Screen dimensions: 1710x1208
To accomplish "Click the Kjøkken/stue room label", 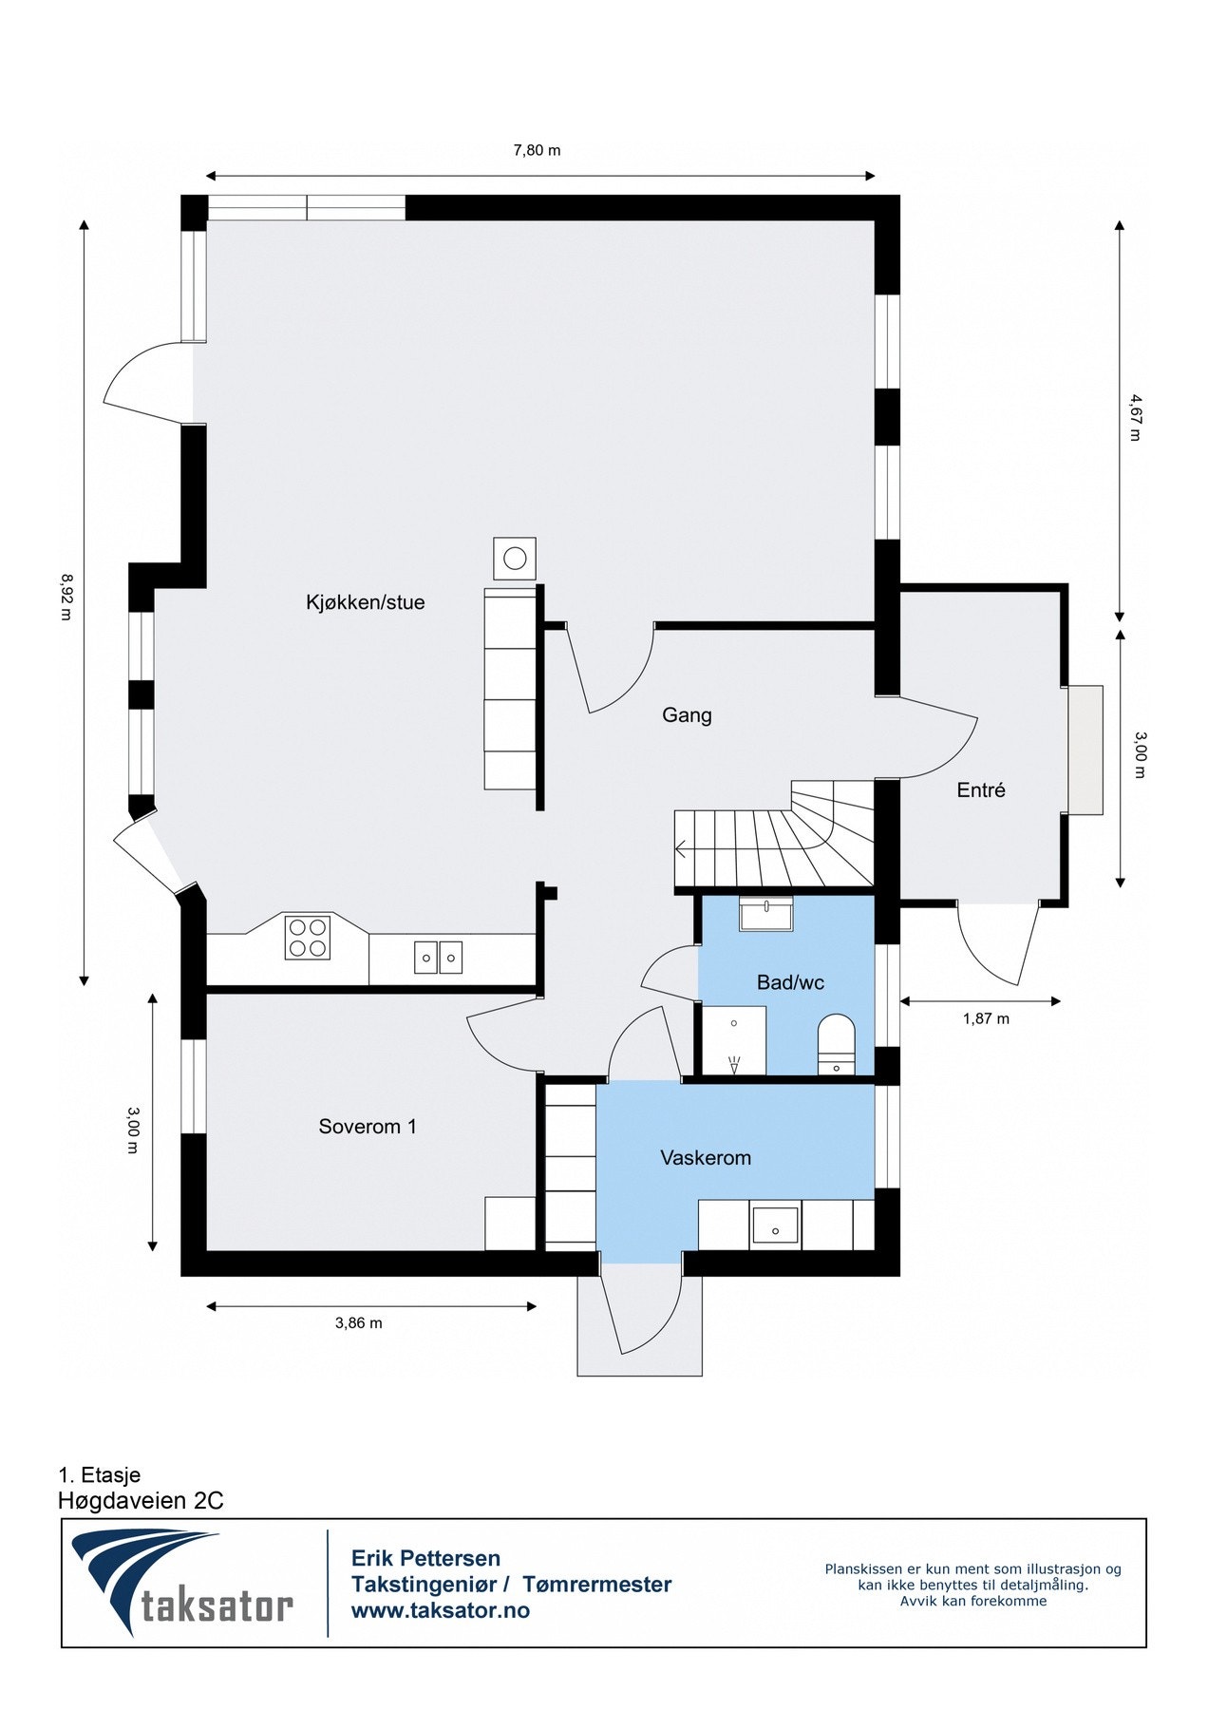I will click(365, 602).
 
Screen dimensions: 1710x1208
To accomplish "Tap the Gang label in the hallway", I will click(687, 715).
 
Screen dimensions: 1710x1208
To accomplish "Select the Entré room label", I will click(981, 790).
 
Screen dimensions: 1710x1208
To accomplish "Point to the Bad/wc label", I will click(790, 983).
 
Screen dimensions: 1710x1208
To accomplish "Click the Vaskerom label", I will click(706, 1158).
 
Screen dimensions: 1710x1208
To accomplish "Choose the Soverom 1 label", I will click(368, 1127).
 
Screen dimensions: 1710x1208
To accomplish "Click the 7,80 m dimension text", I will click(537, 150).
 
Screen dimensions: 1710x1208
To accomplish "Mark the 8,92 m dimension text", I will click(66, 596).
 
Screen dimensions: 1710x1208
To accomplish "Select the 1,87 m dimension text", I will click(986, 1019).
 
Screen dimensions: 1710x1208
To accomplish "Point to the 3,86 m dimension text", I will click(359, 1323).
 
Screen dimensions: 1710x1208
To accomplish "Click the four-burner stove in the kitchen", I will click(308, 937).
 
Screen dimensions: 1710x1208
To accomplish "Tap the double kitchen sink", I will click(438, 958).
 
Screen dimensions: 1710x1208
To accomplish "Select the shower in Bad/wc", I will click(734, 1041).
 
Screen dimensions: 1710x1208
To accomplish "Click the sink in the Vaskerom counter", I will click(776, 1225).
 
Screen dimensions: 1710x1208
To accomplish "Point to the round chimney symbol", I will click(515, 559).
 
